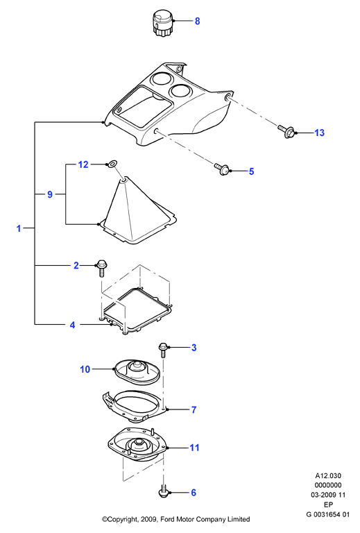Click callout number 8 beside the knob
(x=197, y=21)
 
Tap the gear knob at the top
(x=163, y=22)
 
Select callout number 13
(x=320, y=133)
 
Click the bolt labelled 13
(x=286, y=131)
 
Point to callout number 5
(x=251, y=171)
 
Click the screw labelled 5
(x=222, y=169)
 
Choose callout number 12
(x=83, y=164)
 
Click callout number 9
(x=50, y=194)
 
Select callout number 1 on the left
(x=19, y=228)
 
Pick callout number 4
(x=72, y=325)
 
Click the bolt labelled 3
(x=163, y=350)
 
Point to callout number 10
(x=85, y=369)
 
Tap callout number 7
(x=194, y=409)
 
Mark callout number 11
(x=194, y=448)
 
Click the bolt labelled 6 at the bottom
(x=164, y=491)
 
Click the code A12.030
(x=328, y=476)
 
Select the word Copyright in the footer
(x=121, y=519)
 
